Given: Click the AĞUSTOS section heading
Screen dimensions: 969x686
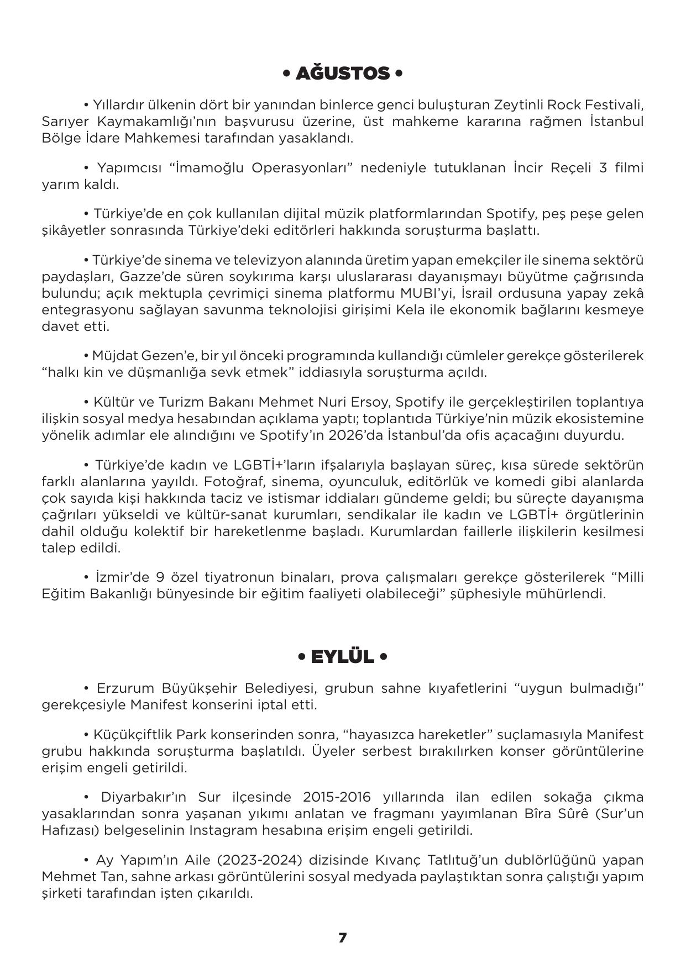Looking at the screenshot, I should pos(342,73).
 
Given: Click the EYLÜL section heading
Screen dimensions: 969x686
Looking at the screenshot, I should pos(342,657).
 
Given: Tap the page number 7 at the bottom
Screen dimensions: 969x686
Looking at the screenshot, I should pos(343,938).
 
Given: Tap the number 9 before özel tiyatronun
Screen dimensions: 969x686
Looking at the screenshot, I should pos(160,578).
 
